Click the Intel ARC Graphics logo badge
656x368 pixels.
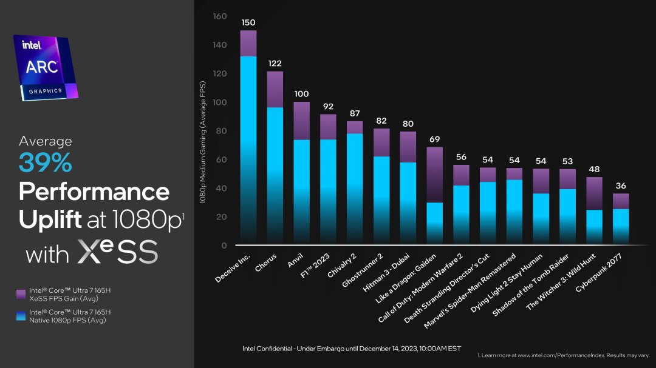click(46, 67)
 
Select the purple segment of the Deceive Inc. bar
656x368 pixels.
click(248, 43)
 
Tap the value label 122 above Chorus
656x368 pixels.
click(275, 63)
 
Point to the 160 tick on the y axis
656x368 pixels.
click(220, 16)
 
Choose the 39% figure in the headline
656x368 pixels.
click(46, 163)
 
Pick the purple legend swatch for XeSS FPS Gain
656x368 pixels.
click(21, 294)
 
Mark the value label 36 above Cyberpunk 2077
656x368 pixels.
click(620, 186)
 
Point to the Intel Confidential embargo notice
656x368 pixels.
click(352, 349)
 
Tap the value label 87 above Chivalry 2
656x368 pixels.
click(355, 113)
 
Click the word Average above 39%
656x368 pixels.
click(45, 141)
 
